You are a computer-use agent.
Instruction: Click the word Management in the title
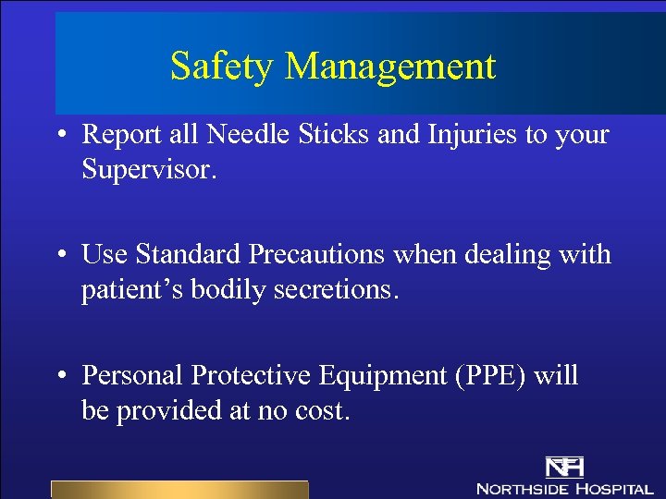tap(390, 67)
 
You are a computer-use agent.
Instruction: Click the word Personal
tap(133, 375)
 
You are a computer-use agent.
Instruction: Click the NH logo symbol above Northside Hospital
tap(564, 467)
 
